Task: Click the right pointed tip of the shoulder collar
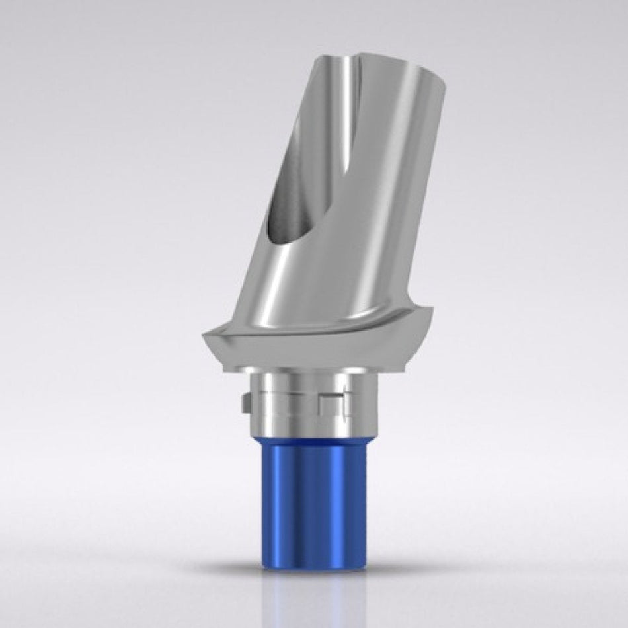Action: coord(435,308)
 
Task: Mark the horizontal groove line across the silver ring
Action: coord(291,393)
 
